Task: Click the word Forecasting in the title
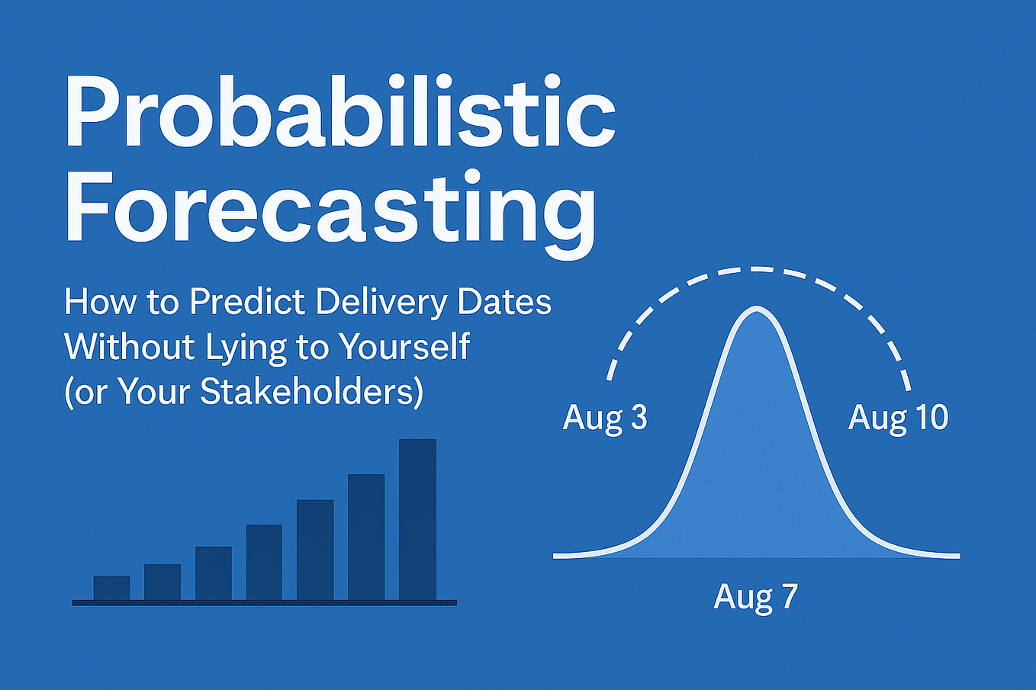pos(330,210)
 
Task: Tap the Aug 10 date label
pos(898,419)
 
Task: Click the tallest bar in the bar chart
pos(417,519)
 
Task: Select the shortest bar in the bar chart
pos(111,587)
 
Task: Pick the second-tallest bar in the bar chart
pos(366,537)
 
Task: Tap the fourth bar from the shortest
pos(264,562)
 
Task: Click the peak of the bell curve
pos(757,308)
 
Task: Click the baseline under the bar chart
pos(264,602)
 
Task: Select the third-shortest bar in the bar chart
pos(213,573)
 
